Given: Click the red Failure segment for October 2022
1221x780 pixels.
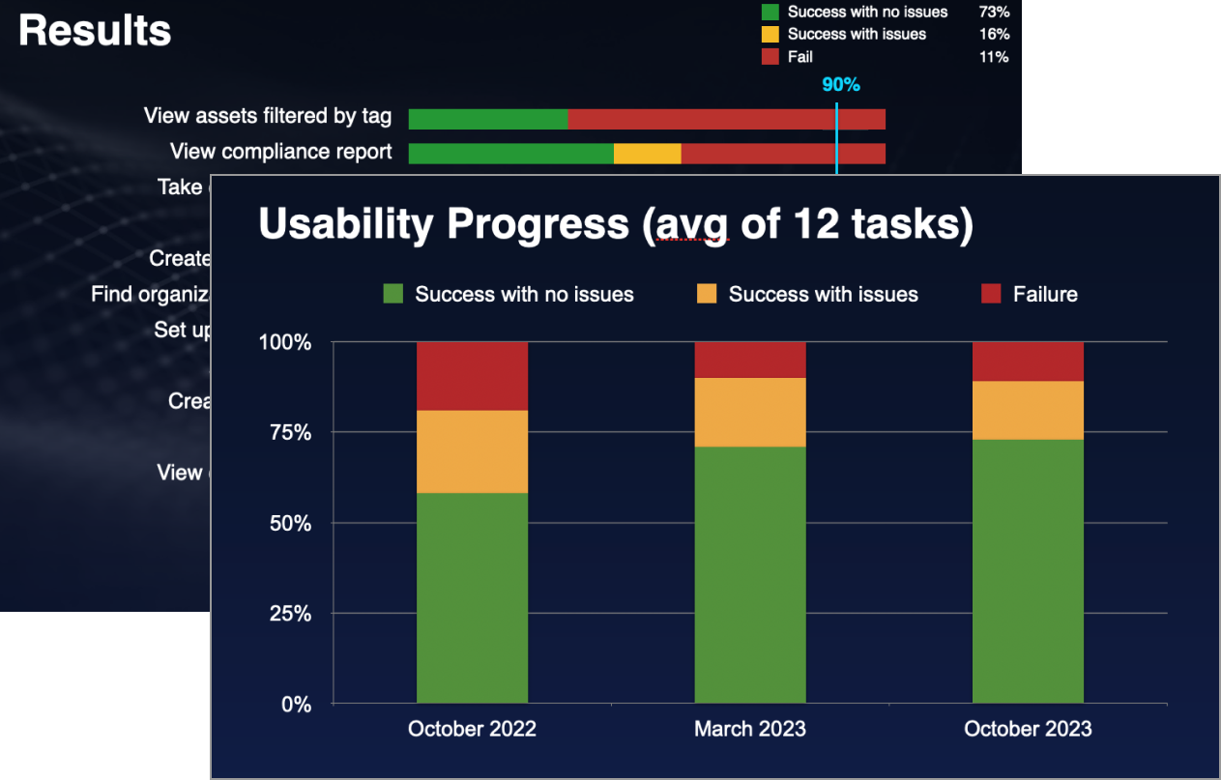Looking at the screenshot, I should click(x=472, y=376).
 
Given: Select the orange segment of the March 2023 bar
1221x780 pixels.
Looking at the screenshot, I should click(x=750, y=412).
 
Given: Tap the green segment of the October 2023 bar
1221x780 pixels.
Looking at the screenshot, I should click(x=1028, y=570).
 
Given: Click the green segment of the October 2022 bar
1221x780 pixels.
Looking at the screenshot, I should click(x=472, y=597).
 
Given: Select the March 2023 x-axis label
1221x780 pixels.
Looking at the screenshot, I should click(x=750, y=729).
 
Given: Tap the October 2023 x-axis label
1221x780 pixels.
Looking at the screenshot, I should click(x=1028, y=729).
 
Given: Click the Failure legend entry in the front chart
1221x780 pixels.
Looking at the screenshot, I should click(x=1044, y=294).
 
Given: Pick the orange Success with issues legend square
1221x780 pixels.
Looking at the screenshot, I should click(x=707, y=294).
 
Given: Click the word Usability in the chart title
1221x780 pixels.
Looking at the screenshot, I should click(x=346, y=224).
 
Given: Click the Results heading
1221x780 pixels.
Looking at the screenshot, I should click(x=95, y=31).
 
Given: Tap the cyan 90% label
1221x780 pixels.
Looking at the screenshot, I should click(x=840, y=84).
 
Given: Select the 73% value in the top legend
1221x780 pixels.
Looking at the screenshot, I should click(x=994, y=12).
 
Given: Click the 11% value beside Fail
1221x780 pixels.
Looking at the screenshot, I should click(x=994, y=57).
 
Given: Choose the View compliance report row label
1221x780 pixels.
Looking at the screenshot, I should click(x=280, y=152).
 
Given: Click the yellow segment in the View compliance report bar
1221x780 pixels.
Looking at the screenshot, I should click(x=647, y=154).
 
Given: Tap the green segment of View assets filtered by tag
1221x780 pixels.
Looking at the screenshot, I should click(x=487, y=119).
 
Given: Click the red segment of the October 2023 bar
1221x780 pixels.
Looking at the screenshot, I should click(x=1028, y=361).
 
